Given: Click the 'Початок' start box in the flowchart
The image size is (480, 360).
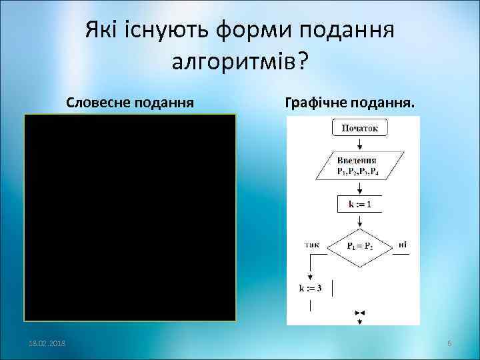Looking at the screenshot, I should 359,128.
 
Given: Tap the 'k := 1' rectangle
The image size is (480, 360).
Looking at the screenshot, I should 359,204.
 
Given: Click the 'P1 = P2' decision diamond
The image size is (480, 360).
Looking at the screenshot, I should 360,246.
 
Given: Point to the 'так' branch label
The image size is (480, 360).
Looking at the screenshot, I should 311,245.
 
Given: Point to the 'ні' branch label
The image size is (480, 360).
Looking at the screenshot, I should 403,245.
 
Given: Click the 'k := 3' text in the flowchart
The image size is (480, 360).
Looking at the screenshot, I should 309,288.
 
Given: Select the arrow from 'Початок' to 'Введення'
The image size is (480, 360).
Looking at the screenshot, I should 359,143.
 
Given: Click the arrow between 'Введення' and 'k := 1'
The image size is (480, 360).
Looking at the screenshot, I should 359,186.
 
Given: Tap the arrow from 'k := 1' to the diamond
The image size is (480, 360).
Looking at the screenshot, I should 359,221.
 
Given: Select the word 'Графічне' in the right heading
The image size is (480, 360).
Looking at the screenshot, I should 313,103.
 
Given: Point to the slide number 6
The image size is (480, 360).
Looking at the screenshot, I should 449,343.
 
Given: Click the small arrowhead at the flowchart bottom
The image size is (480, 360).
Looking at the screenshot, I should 360,312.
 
